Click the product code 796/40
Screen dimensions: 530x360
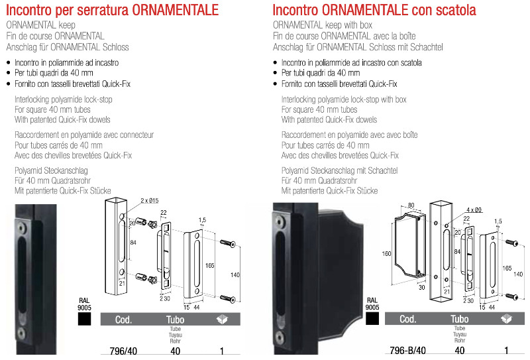click(x=123, y=351)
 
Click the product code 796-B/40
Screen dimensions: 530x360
click(x=407, y=351)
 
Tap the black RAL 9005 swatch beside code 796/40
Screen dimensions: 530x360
click(x=84, y=319)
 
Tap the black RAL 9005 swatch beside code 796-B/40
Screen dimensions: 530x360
click(x=372, y=318)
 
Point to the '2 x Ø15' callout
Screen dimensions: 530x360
click(x=150, y=201)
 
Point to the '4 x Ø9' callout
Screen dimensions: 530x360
click(x=474, y=210)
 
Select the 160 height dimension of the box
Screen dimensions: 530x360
click(x=386, y=253)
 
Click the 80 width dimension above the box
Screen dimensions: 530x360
click(x=411, y=205)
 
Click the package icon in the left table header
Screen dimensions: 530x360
click(x=222, y=319)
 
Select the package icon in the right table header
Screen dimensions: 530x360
click(x=506, y=318)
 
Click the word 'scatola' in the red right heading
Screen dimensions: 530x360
click(x=456, y=10)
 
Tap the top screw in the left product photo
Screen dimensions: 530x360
click(x=22, y=228)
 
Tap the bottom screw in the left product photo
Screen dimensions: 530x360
click(x=21, y=333)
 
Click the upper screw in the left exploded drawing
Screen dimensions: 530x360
click(x=227, y=243)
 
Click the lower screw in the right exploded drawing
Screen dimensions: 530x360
click(x=511, y=297)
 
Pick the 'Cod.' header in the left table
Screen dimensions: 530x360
click(x=123, y=320)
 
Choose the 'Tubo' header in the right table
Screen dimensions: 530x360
click(x=459, y=319)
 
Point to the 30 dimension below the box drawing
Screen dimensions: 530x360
click(x=421, y=288)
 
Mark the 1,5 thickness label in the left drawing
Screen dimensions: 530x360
click(x=202, y=220)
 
